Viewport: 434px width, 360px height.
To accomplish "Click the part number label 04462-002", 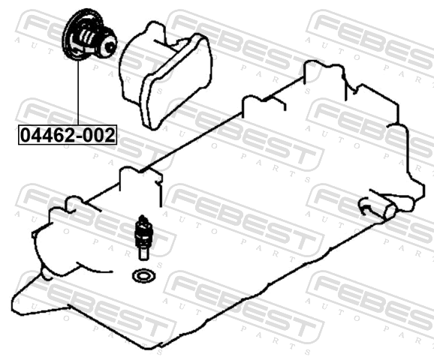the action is click(68, 135).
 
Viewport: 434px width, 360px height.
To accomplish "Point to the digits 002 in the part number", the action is click(99, 135).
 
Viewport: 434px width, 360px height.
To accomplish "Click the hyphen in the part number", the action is click(79, 136).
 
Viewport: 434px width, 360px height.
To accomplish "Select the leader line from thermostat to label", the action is click(78, 92).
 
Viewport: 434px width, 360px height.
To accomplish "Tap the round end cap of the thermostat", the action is click(108, 46).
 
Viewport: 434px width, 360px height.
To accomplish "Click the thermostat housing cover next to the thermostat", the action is click(165, 75).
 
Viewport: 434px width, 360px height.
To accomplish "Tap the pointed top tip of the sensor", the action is click(142, 216).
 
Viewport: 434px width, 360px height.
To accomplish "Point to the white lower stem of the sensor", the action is click(143, 253).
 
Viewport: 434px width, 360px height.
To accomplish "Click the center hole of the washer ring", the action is click(144, 276).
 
